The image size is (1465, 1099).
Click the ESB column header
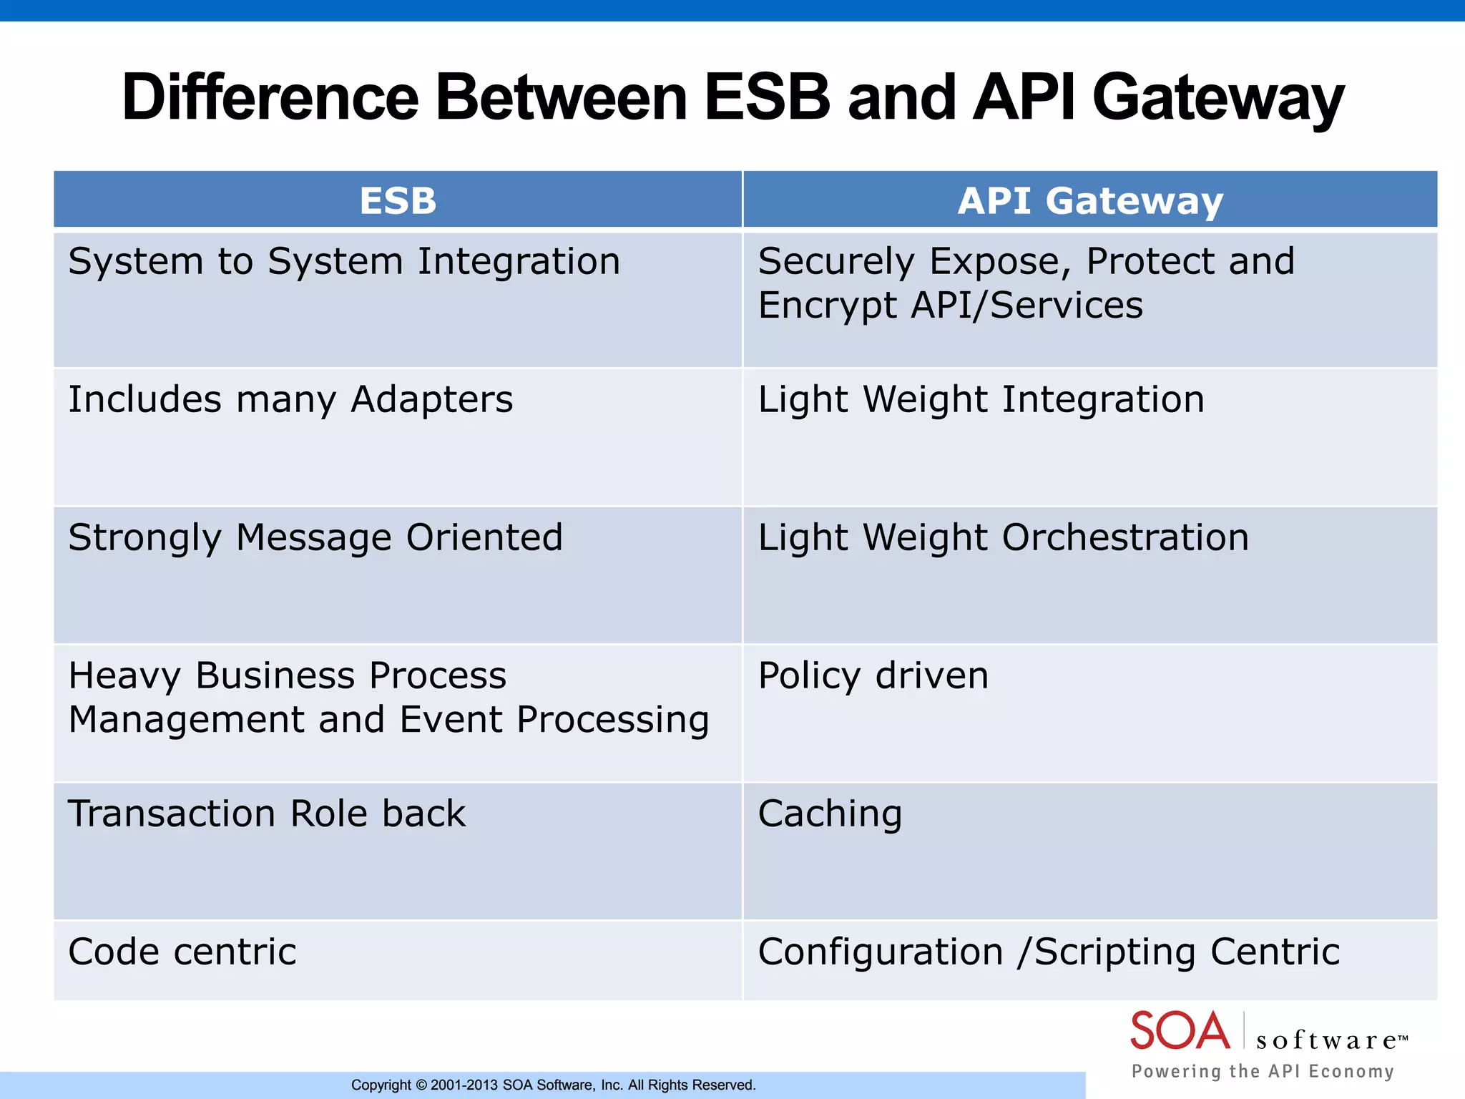(398, 200)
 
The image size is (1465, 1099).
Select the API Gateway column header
(1090, 200)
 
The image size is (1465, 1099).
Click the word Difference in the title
(270, 97)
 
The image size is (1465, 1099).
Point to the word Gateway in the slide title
(1217, 97)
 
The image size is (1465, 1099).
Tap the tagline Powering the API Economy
(1263, 1071)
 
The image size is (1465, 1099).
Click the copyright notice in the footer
(553, 1085)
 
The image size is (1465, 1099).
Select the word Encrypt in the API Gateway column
(827, 306)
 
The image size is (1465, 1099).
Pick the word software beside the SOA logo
(1327, 1040)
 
